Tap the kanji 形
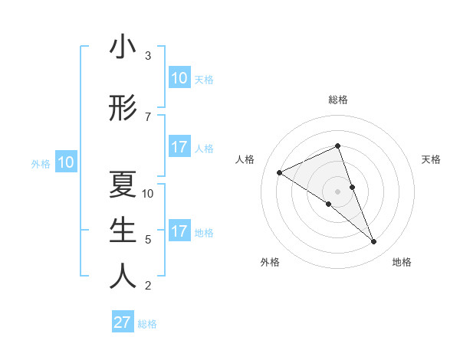tap(123, 108)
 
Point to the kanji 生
tap(123, 231)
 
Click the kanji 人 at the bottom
tap(123, 277)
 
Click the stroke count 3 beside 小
tap(148, 56)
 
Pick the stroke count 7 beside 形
tap(148, 116)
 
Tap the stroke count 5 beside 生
tap(148, 240)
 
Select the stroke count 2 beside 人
tap(148, 286)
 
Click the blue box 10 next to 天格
tap(179, 78)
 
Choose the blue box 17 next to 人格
tap(179, 147)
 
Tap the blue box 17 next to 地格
tap(179, 231)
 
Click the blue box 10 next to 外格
tap(65, 162)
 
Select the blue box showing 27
tap(122, 322)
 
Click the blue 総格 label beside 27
tap(148, 324)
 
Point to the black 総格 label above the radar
tap(337, 100)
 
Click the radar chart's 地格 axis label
tap(402, 262)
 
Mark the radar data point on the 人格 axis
tap(280, 172)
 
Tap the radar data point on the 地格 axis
tap(374, 242)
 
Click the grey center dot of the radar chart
tap(337, 191)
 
